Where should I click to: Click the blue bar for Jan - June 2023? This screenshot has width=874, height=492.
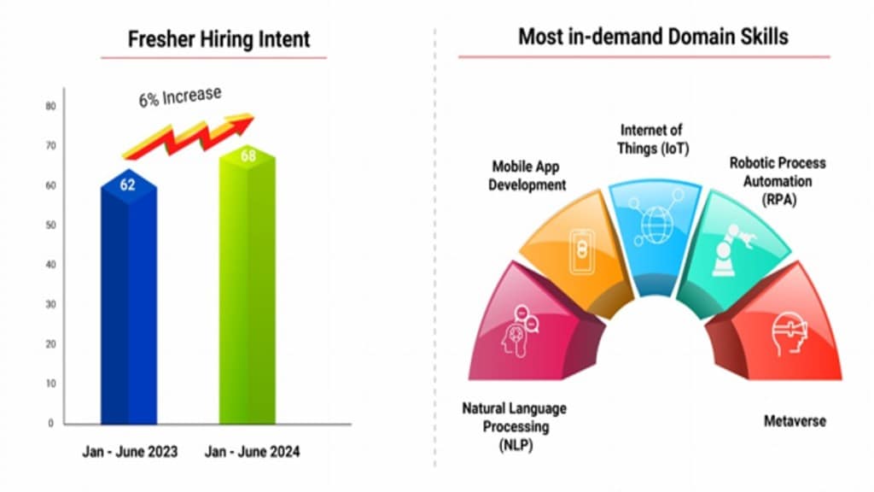pyautogui.click(x=128, y=307)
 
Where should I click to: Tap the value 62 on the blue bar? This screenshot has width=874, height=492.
pyautogui.click(x=128, y=184)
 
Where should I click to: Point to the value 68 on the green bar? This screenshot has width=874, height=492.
pyautogui.click(x=247, y=156)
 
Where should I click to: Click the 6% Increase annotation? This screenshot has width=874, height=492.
pyautogui.click(x=179, y=97)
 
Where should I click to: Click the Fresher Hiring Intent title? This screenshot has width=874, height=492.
pyautogui.click(x=218, y=39)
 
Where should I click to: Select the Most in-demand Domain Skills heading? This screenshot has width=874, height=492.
pyautogui.click(x=653, y=36)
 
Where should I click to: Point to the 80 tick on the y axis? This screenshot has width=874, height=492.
pyautogui.click(x=50, y=107)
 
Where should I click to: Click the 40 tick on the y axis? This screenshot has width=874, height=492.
pyautogui.click(x=50, y=265)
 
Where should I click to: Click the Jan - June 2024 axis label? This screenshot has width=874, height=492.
pyautogui.click(x=252, y=452)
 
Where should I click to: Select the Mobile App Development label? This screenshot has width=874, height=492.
pyautogui.click(x=527, y=176)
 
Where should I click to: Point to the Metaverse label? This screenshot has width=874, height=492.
pyautogui.click(x=794, y=421)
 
